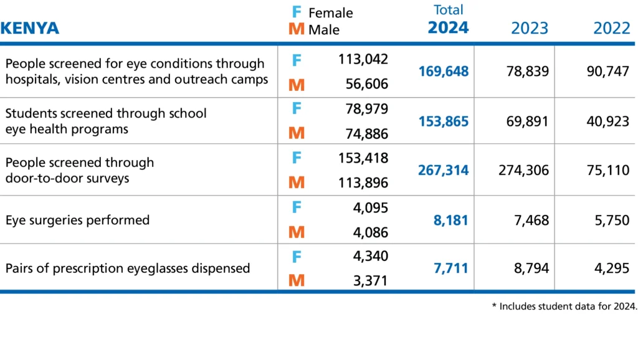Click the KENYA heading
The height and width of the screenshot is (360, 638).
30,28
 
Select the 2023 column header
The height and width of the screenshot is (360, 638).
530,28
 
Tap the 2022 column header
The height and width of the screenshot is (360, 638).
611,28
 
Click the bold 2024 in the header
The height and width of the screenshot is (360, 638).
448,27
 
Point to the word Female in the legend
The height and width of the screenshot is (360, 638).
330,12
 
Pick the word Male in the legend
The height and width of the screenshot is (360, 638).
324,29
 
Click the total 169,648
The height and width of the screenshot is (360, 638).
443,72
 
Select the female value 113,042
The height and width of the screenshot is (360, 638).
363,59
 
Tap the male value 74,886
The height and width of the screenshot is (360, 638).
367,133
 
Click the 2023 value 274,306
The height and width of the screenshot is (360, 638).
523,170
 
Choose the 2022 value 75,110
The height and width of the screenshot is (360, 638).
608,170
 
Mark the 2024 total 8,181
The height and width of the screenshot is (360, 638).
451,220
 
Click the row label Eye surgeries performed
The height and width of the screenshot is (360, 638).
77,220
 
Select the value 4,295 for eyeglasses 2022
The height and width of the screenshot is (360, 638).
612,268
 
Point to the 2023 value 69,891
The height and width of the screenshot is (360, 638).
527,121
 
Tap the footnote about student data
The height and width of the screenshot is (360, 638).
564,306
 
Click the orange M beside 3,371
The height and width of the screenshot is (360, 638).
297,281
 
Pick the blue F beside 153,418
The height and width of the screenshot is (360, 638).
297,158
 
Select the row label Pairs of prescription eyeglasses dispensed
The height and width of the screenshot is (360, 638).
127,268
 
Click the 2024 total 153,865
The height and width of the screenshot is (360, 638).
443,121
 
